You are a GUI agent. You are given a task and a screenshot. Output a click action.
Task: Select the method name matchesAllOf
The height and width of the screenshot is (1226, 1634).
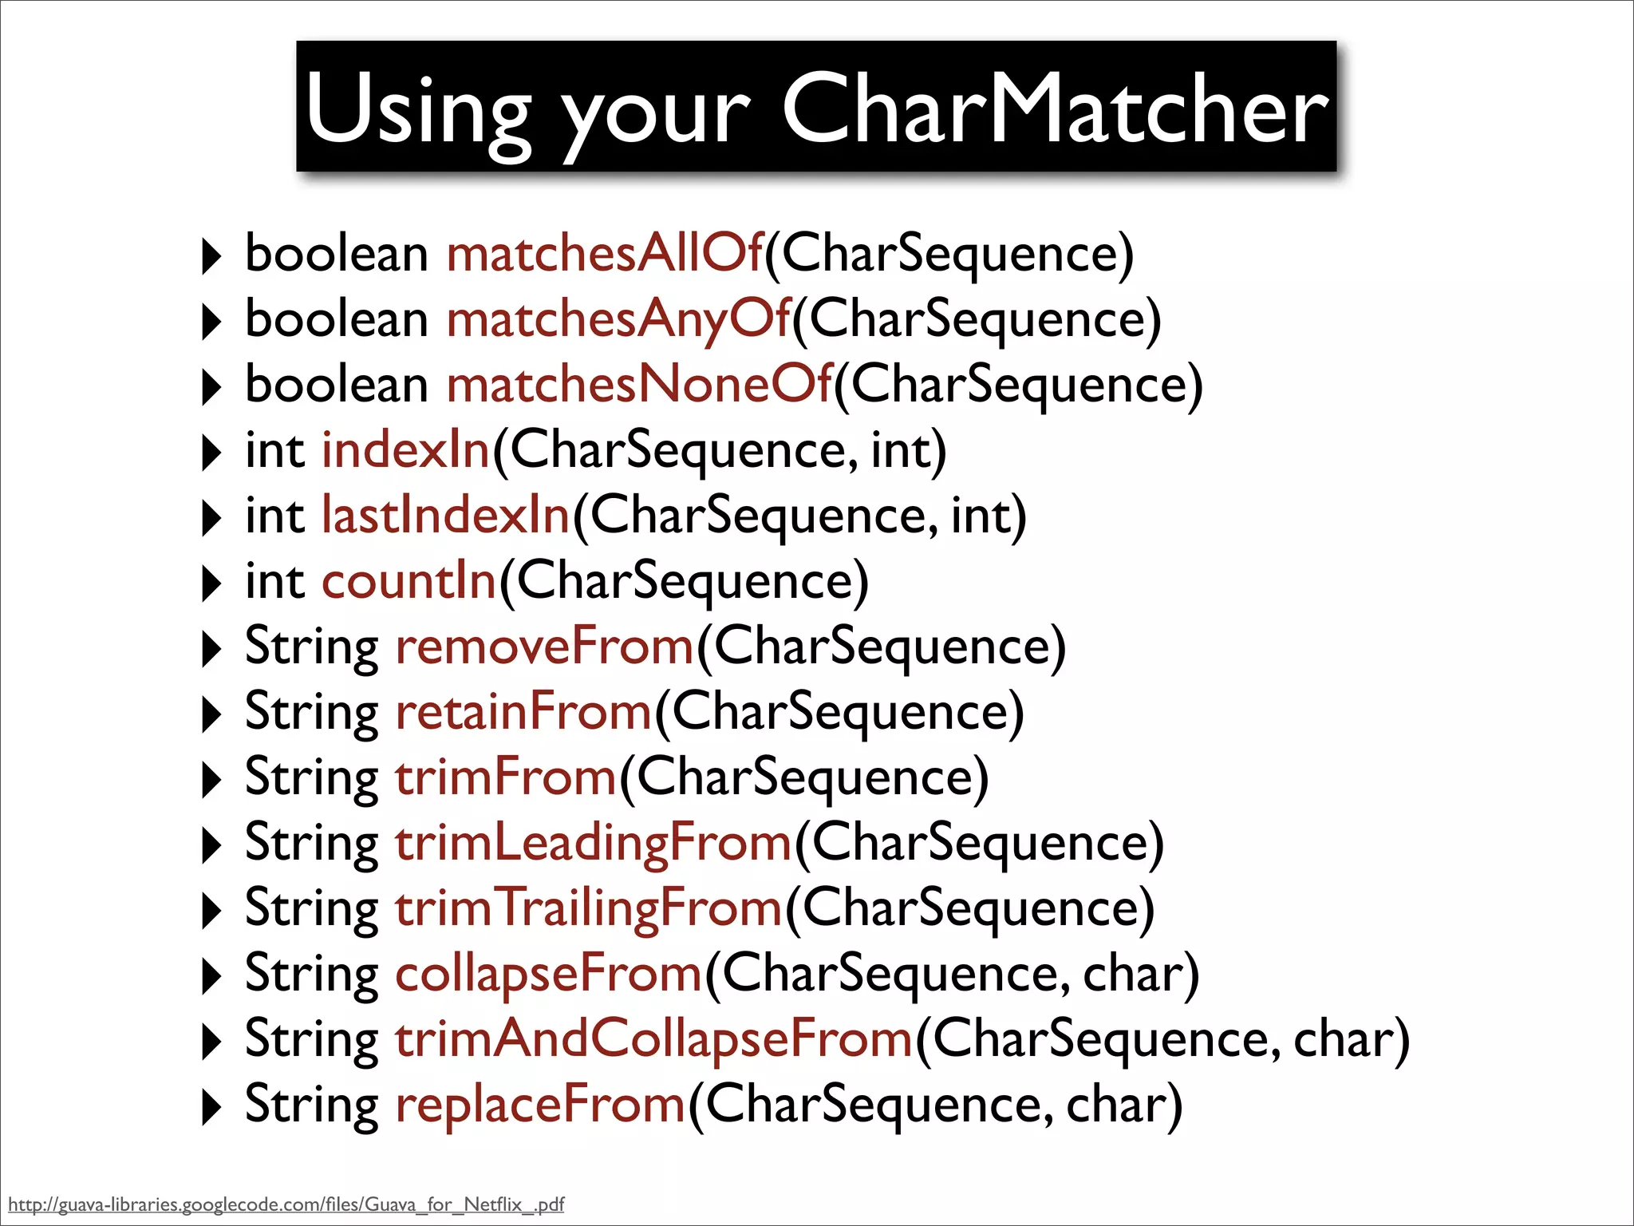click(x=605, y=253)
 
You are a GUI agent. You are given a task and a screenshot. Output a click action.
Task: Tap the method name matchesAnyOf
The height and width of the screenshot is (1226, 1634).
click(x=618, y=319)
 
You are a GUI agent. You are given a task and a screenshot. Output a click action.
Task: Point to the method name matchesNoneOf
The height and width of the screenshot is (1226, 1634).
click(x=639, y=385)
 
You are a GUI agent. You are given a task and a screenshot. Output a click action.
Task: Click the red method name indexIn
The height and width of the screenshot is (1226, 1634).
click(x=405, y=450)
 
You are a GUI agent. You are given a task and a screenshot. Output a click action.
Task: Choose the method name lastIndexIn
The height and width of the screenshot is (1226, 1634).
click(x=445, y=516)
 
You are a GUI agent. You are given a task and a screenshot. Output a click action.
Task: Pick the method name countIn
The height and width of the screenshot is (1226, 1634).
click(x=408, y=581)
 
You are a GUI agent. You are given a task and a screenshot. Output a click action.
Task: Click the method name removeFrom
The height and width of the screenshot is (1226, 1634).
click(x=545, y=647)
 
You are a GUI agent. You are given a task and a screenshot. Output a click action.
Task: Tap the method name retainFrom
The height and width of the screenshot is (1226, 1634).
click(x=524, y=712)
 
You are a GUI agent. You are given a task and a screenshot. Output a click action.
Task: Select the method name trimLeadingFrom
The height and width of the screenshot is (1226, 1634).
click(x=594, y=843)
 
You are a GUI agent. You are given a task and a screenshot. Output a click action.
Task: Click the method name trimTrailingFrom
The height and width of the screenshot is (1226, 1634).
click(x=589, y=908)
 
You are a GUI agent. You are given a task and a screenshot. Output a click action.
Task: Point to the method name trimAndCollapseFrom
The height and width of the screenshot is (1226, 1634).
click(x=653, y=1039)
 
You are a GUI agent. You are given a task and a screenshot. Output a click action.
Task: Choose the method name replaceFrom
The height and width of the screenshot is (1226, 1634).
click(x=540, y=1105)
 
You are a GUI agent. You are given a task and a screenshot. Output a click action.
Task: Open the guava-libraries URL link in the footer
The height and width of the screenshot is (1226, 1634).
click(x=286, y=1204)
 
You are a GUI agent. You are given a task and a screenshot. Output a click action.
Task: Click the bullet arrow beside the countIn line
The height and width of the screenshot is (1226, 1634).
click(x=211, y=583)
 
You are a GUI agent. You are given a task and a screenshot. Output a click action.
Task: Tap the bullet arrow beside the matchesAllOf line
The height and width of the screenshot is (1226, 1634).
click(x=211, y=256)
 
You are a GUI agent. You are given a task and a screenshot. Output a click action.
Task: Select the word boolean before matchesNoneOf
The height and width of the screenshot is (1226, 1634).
click(x=337, y=385)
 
